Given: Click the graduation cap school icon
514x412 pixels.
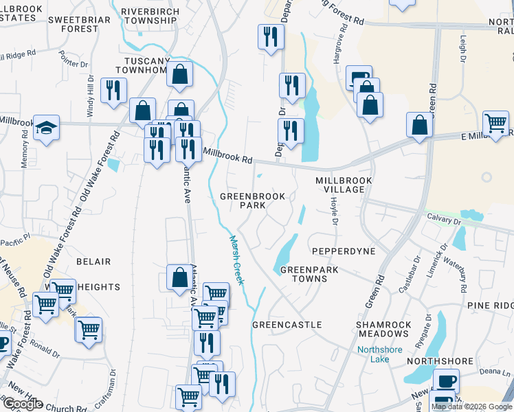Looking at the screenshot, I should (x=47, y=128).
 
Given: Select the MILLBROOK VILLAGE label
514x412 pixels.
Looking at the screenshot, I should (x=344, y=185).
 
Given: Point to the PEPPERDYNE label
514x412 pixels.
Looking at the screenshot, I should (x=344, y=251).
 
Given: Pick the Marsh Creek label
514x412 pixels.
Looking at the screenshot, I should (x=237, y=262).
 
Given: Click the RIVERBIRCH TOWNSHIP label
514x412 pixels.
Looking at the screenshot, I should (x=149, y=16).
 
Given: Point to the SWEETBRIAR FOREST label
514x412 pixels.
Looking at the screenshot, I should (x=80, y=24).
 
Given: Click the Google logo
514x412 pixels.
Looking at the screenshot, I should (x=22, y=404).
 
